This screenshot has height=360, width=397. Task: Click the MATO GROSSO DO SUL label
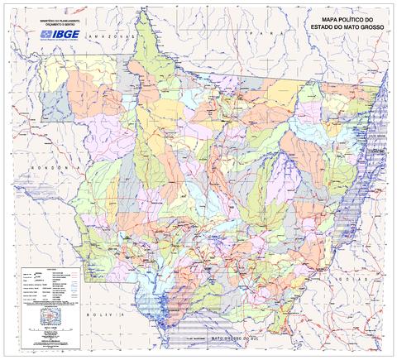coord(240,338)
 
